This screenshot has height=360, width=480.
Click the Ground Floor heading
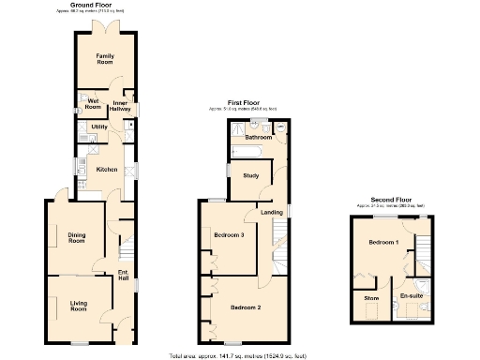pos(101,6)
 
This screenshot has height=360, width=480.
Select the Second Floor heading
pos(390,200)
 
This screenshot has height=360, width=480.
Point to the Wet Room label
pos(93,102)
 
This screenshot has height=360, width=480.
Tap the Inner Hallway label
pos(121,106)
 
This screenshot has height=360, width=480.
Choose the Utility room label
pos(98,126)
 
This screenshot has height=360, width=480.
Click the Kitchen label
pos(107,169)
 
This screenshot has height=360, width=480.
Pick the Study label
pos(250,175)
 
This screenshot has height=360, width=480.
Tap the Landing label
pos(271,213)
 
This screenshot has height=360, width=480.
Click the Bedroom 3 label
pos(229,234)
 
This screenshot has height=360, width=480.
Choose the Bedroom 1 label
pos(383,243)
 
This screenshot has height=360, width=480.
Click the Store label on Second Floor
pos(371,297)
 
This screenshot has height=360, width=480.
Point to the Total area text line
pos(240,355)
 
